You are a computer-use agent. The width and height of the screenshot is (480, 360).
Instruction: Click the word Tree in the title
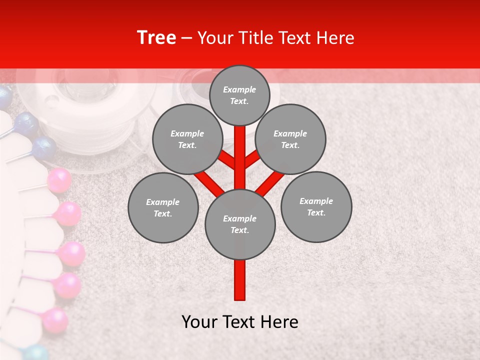tap(156, 38)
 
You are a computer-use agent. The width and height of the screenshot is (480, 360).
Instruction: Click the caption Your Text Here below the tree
tap(239, 322)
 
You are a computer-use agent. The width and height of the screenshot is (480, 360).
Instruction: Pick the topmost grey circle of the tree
tap(239, 95)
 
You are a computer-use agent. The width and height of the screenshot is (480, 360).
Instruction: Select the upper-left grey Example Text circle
tap(187, 139)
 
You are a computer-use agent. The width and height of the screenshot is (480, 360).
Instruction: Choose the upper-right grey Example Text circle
tap(290, 139)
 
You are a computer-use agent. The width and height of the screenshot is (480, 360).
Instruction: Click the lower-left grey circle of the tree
tap(162, 207)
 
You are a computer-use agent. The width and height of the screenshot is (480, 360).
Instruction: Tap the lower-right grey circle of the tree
tap(316, 206)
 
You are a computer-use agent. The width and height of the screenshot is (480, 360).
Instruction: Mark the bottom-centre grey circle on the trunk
tap(239, 224)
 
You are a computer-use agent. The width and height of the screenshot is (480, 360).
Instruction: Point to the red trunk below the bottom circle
tap(239, 280)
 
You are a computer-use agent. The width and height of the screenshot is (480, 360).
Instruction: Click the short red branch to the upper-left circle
tap(226, 159)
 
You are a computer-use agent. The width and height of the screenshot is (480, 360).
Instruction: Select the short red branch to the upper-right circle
tap(253, 159)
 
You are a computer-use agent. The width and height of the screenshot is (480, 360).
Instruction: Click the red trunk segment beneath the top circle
tap(239, 145)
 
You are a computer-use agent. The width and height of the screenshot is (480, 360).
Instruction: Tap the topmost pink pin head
tap(59, 180)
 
